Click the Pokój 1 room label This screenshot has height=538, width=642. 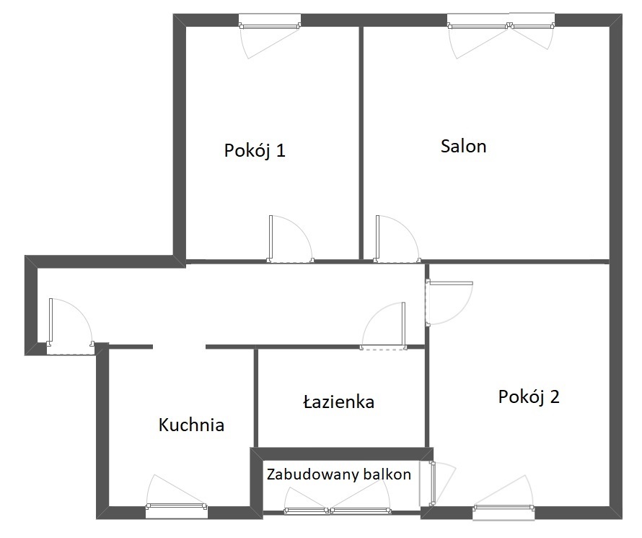(x=254, y=150)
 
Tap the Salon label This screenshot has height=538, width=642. (x=464, y=146)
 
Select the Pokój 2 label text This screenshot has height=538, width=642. (x=529, y=396)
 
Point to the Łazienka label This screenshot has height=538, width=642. (x=338, y=402)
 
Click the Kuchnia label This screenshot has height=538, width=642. (x=191, y=425)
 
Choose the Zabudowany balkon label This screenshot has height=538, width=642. (x=338, y=474)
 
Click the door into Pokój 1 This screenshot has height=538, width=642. (x=290, y=239)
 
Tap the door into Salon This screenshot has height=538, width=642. (x=397, y=239)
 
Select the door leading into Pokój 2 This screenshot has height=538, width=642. (x=449, y=303)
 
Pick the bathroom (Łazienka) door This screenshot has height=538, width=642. (x=384, y=326)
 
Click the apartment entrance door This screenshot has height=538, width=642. (x=71, y=326)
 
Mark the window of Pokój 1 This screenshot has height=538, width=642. (x=270, y=25)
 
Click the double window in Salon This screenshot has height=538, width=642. (x=501, y=25)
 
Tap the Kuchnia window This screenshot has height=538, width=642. (x=177, y=506)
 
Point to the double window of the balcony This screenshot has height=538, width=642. (x=338, y=510)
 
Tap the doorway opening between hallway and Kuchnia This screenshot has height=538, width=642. (x=179, y=347)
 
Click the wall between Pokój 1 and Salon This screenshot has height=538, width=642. (x=361, y=142)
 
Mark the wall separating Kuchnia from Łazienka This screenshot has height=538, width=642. (x=256, y=399)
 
